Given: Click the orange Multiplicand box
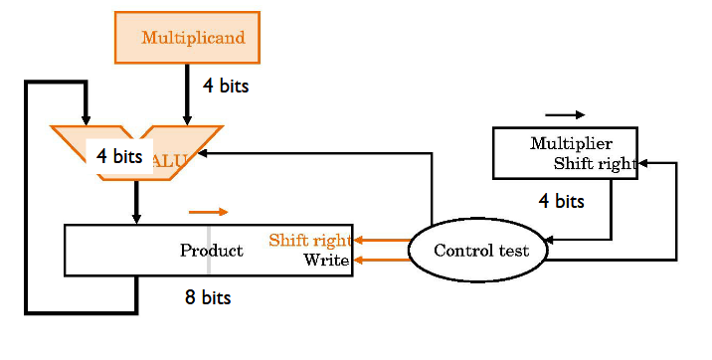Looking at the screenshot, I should click(x=187, y=38).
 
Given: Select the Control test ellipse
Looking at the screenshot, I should click(x=478, y=251).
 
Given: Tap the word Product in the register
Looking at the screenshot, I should click(x=211, y=251).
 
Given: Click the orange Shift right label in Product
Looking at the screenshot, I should click(x=309, y=241).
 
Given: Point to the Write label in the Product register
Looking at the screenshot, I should click(x=326, y=261).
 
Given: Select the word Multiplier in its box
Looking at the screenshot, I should click(x=570, y=143).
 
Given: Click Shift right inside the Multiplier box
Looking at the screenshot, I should click(x=595, y=164).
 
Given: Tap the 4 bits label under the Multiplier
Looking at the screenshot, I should click(x=562, y=201).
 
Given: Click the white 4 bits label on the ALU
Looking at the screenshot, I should click(x=119, y=157).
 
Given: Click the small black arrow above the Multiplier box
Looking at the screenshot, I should click(x=565, y=114).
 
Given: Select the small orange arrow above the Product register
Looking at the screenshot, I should click(x=209, y=212).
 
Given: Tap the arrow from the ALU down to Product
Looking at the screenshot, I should click(x=137, y=204).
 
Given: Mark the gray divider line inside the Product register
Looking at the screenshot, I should click(x=209, y=250).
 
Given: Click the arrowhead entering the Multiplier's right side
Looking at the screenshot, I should click(x=643, y=162).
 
